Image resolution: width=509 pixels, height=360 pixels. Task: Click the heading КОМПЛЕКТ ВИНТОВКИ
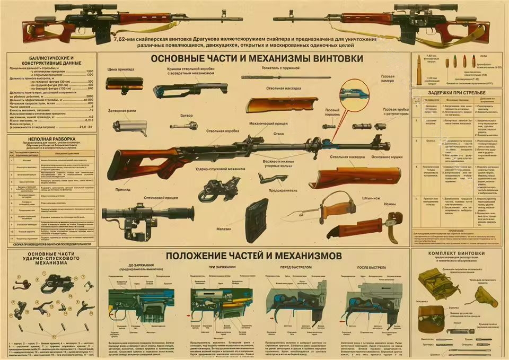(x=457, y=253)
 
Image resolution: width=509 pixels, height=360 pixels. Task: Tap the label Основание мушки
(x=385, y=157)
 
